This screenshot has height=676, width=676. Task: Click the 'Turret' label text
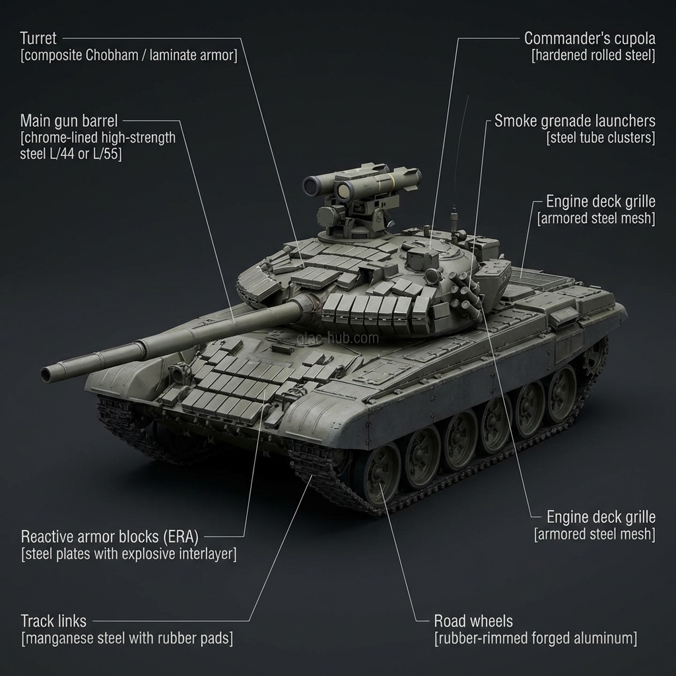(x=38, y=38)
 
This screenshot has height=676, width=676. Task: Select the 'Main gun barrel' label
(x=69, y=121)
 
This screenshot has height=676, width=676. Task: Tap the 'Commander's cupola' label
(x=590, y=38)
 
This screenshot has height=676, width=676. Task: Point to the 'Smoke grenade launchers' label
(x=575, y=121)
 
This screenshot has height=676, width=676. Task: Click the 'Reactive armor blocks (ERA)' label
(x=110, y=537)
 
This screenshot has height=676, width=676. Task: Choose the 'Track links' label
(x=53, y=621)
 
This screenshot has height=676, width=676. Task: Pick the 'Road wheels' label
(x=473, y=621)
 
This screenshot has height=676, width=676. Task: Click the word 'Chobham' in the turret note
(x=112, y=55)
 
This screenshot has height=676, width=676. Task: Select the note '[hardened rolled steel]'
(x=593, y=55)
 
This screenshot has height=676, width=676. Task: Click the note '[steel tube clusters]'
(x=601, y=138)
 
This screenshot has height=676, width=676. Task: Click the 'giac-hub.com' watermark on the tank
(x=338, y=338)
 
